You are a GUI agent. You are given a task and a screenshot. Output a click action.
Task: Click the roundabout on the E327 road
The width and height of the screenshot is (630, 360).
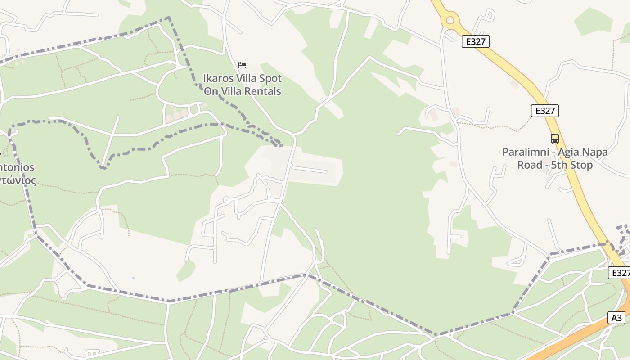pos(450,20)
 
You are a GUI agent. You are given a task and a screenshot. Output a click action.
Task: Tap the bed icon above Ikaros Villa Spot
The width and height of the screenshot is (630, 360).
pos(242,65)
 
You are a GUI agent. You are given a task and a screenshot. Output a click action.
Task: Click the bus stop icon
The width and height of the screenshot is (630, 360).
pos(555,139)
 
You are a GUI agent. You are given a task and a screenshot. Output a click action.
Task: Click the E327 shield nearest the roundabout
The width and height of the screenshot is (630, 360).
pos(475,42)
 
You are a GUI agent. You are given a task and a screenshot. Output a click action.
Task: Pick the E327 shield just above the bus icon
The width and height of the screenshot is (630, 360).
pos(544,111)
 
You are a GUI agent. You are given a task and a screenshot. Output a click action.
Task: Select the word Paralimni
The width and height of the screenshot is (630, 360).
pos(524,152)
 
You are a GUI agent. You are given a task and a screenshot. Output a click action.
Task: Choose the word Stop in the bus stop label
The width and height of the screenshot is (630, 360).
pos(582,165)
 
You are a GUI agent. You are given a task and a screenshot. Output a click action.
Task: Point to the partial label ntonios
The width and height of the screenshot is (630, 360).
pos(17,167)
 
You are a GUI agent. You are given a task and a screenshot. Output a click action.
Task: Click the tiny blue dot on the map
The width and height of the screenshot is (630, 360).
pos(133,278)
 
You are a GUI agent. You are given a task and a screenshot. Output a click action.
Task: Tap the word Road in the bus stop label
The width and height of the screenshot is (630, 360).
pos(530,165)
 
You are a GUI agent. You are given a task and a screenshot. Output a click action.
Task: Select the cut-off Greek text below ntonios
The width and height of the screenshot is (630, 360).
pos(18,180)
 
